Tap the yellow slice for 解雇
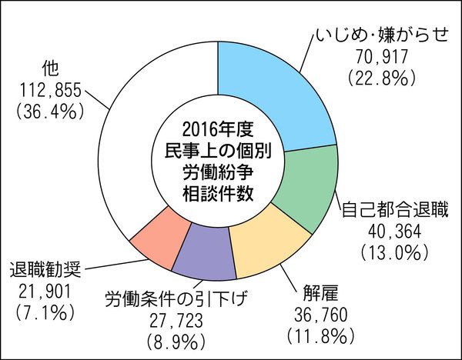click(x=266, y=242)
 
